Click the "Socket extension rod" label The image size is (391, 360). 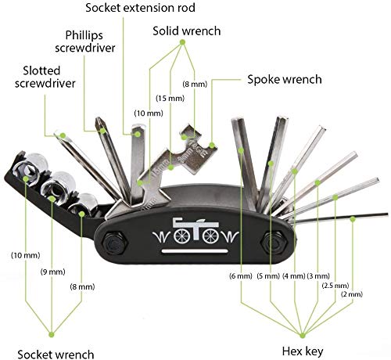click(x=140, y=8)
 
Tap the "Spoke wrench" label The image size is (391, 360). click(x=285, y=79)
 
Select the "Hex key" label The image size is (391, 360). click(x=303, y=351)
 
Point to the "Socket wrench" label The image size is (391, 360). click(x=56, y=355)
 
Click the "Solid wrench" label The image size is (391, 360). click(x=187, y=31)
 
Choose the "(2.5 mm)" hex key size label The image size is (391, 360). click(x=335, y=286)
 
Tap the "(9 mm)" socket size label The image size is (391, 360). click(x=52, y=272)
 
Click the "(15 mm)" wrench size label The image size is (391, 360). click(x=170, y=99)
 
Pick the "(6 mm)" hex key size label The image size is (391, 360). click(x=241, y=275)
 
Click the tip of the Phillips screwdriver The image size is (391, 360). click(x=99, y=119)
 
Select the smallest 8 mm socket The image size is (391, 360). click(x=84, y=205)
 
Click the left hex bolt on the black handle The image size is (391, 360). click(x=114, y=243)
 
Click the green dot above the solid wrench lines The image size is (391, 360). click(x=182, y=41)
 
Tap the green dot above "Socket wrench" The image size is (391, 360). click(x=52, y=334)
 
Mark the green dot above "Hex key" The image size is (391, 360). click(x=303, y=335)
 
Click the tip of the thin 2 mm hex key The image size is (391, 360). click(x=387, y=214)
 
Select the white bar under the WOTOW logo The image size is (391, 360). click(x=195, y=251)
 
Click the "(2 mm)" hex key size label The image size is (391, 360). click(x=352, y=294)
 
